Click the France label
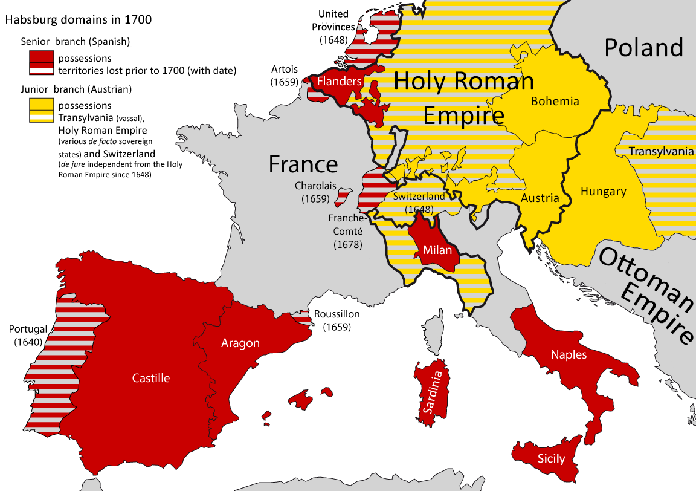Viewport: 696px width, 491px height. click(303, 164)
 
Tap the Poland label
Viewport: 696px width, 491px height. click(643, 47)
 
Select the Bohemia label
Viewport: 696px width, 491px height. click(555, 101)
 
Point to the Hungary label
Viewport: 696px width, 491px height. click(603, 192)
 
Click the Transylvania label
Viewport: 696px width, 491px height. click(661, 151)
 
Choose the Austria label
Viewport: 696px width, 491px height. click(540, 198)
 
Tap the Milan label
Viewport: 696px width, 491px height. click(437, 250)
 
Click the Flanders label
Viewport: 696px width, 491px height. click(339, 81)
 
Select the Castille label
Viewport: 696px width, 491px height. click(151, 378)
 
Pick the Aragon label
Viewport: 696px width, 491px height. click(240, 343)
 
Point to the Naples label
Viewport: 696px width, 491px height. click(569, 354)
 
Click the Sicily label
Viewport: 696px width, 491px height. click(551, 459)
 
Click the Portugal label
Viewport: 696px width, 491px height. click(28, 329)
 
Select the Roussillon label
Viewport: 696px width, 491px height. click(337, 314)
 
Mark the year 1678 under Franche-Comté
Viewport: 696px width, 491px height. click(347, 245)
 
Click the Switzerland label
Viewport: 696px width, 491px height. click(419, 196)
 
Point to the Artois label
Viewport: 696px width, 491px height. click(284, 69)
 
